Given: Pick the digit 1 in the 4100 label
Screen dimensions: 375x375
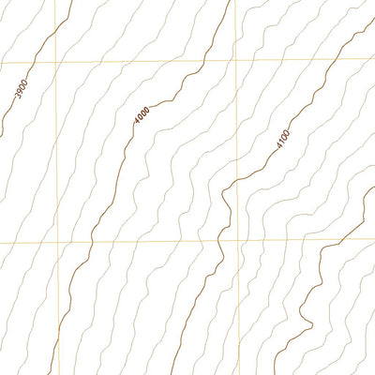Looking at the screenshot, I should (x=282, y=141).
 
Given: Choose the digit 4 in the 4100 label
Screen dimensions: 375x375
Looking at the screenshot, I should (x=278, y=146).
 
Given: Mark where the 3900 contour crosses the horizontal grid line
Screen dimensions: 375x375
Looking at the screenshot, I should (x=35, y=63).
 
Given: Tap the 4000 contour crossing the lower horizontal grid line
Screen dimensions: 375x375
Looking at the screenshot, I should (x=91, y=241).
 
